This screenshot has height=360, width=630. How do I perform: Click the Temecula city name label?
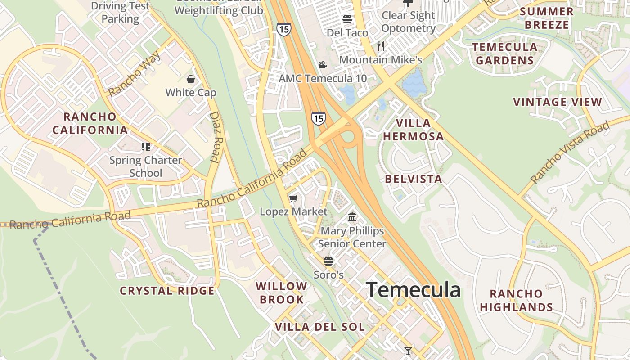pyautogui.click(x=413, y=290)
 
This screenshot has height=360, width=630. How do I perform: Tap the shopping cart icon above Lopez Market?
pyautogui.click(x=293, y=198)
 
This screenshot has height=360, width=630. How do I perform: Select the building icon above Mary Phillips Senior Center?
pyautogui.click(x=352, y=218)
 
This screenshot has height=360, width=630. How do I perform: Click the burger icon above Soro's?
pyautogui.click(x=328, y=261)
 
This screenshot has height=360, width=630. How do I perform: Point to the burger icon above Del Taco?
pyautogui.click(x=347, y=19)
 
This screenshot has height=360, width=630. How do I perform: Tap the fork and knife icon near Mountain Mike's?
pyautogui.click(x=381, y=46)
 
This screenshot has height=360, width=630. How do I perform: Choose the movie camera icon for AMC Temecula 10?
pyautogui.click(x=322, y=65)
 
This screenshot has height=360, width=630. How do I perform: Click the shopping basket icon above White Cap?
pyautogui.click(x=191, y=80)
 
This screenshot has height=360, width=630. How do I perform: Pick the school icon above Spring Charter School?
pyautogui.click(x=145, y=147)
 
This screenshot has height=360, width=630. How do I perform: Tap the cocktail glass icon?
pyautogui.click(x=408, y=351)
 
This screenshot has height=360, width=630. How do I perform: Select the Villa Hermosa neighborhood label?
pyautogui.click(x=413, y=130)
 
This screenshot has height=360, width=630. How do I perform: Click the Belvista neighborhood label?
pyautogui.click(x=414, y=179)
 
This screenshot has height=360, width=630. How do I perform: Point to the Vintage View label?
pyautogui.click(x=558, y=102)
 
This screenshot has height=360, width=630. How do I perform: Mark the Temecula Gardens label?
pyautogui.click(x=505, y=54)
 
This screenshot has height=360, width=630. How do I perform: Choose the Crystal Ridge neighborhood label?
pyautogui.click(x=167, y=291)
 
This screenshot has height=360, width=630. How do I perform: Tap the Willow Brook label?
pyautogui.click(x=281, y=292)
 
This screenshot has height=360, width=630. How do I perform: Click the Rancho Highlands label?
pyautogui.click(x=516, y=301)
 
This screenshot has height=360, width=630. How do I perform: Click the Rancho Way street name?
pyautogui.click(x=135, y=74)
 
